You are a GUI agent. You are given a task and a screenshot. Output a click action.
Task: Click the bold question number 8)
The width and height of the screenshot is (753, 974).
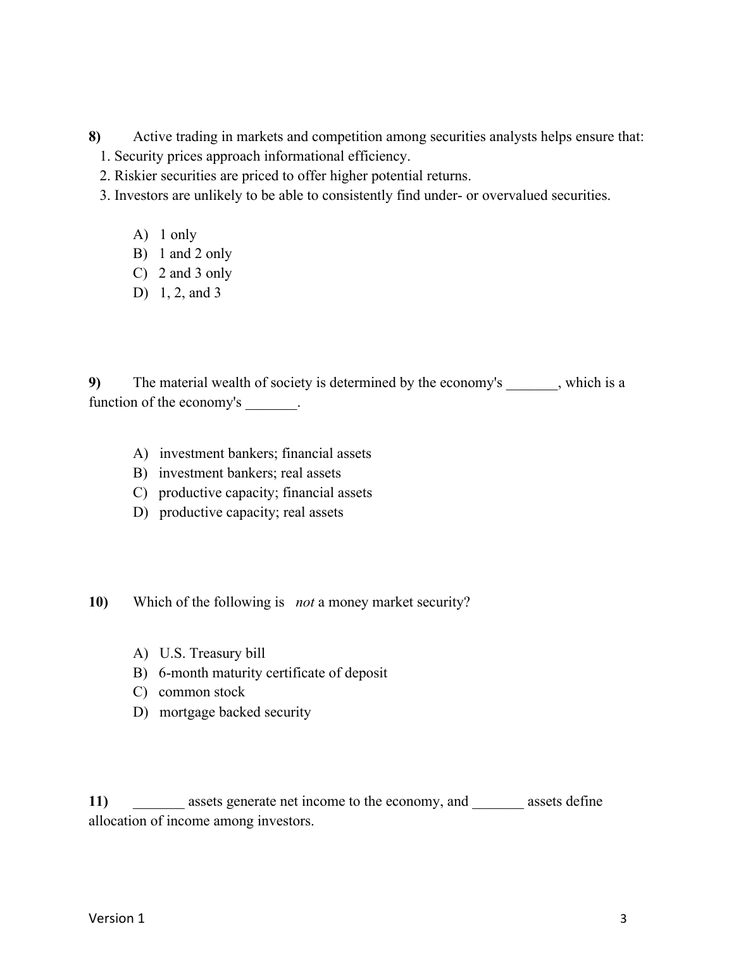pyautogui.click(x=94, y=137)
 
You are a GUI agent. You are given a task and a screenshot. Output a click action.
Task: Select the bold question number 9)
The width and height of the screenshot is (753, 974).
pyautogui.click(x=94, y=383)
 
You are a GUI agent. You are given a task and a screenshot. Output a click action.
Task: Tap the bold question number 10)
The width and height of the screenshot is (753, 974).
pyautogui.click(x=98, y=602)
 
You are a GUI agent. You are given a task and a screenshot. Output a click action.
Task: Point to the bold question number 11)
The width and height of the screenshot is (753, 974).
pyautogui.click(x=98, y=801)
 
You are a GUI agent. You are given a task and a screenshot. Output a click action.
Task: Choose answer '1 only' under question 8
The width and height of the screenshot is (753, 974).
pyautogui.click(x=178, y=235)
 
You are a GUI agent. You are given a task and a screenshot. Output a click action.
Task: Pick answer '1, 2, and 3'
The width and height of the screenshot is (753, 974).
pyautogui.click(x=190, y=293)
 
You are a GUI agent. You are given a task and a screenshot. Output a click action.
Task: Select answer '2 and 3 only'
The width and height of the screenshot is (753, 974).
pyautogui.click(x=195, y=273)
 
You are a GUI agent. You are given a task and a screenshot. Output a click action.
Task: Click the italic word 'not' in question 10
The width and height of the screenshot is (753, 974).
pyautogui.click(x=304, y=602)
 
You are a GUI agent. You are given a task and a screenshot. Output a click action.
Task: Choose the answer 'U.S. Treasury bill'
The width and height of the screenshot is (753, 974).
pyautogui.click(x=212, y=653)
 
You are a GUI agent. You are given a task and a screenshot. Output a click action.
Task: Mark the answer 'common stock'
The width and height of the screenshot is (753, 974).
pyautogui.click(x=201, y=692)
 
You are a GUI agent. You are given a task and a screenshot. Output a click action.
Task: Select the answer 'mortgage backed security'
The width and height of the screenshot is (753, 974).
pyautogui.click(x=235, y=712)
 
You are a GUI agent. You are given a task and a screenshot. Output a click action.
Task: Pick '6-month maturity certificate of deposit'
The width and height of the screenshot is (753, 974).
pyautogui.click(x=273, y=673)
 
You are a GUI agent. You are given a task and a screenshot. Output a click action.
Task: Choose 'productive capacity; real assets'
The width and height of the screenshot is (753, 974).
pyautogui.click(x=251, y=512)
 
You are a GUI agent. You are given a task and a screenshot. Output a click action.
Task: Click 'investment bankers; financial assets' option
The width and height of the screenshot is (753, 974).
pyautogui.click(x=265, y=453)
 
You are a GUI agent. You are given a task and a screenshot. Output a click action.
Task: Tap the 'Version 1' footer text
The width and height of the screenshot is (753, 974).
pyautogui.click(x=116, y=918)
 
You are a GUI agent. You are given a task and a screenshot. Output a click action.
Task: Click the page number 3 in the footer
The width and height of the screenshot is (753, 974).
pyautogui.click(x=623, y=919)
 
